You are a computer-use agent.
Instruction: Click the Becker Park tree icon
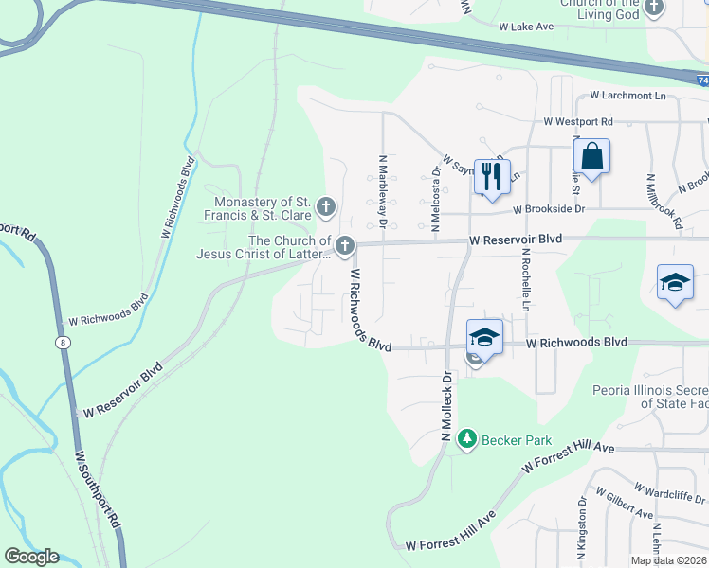click(x=466, y=439)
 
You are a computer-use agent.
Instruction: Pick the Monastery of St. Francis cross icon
click(x=326, y=206)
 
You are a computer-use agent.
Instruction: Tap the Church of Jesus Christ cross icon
click(x=344, y=246)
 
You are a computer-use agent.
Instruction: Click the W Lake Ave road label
click(x=527, y=27)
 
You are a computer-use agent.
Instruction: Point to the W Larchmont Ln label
click(x=627, y=96)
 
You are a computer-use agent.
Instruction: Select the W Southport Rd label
click(x=99, y=489)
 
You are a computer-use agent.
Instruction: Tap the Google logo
click(x=32, y=557)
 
